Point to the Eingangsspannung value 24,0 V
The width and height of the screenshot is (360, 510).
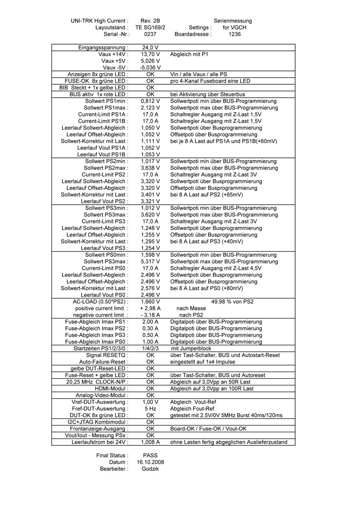(150, 47)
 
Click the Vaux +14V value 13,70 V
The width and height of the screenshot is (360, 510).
(150, 54)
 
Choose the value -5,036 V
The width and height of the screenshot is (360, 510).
(150, 67)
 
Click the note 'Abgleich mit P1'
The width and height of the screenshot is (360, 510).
(189, 54)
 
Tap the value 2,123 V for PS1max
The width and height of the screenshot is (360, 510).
(150, 108)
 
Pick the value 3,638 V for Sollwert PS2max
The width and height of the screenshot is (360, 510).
(150, 168)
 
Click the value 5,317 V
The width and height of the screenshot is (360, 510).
(150, 261)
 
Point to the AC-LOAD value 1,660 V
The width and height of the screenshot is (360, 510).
(150, 302)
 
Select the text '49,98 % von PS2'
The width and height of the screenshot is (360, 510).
(232, 302)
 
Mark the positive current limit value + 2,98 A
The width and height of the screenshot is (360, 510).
(150, 308)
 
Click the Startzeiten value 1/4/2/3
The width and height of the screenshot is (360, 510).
(150, 348)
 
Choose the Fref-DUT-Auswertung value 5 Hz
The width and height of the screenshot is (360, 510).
(150, 409)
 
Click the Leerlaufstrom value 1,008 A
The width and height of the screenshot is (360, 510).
(150, 442)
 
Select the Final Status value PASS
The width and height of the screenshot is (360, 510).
(150, 455)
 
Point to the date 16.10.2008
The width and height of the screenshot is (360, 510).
(150, 462)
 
